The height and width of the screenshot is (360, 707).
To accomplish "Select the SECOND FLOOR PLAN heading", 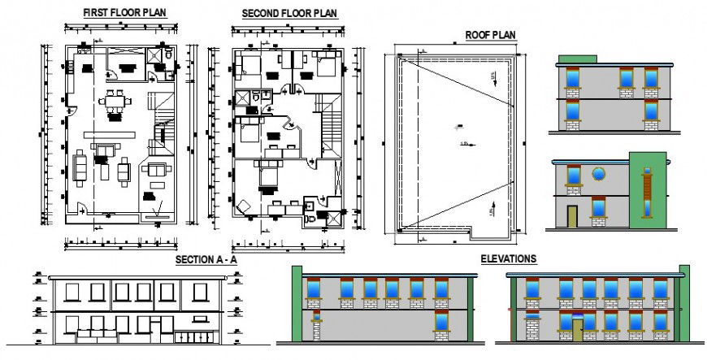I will pyautogui.click(x=289, y=14).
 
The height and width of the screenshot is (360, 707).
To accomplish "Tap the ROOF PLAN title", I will pyautogui.click(x=490, y=34).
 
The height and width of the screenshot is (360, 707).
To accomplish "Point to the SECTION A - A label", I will pyautogui.click(x=206, y=259).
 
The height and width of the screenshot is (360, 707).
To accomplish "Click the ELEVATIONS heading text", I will pyautogui.click(x=508, y=258).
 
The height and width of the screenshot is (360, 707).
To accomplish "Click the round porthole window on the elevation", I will pyautogui.click(x=599, y=173).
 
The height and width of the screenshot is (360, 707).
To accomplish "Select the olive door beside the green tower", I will pyautogui.click(x=572, y=215).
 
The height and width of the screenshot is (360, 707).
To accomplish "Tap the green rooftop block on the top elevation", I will pyautogui.click(x=576, y=59).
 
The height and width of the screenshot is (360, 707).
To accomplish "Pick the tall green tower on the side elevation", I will pyautogui.click(x=647, y=190).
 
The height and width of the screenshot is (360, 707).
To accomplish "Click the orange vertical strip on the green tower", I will pyautogui.click(x=647, y=193).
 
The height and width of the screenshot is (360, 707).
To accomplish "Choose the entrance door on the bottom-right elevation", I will pyautogui.click(x=577, y=330).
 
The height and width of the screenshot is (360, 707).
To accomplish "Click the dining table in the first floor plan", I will pyautogui.click(x=115, y=102).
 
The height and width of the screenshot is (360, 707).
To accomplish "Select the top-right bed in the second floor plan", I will pyautogui.click(x=325, y=63).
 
